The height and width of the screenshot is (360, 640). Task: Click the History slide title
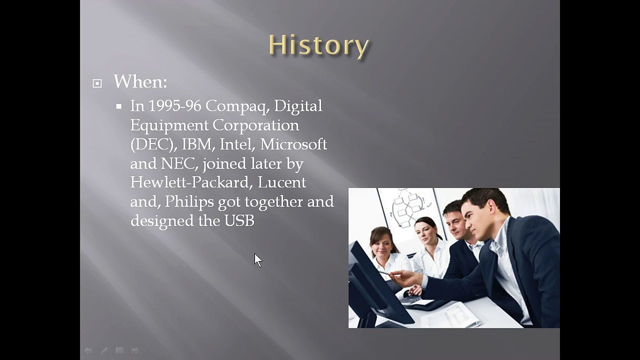point(319,45)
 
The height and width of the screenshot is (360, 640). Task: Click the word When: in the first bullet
point(140,81)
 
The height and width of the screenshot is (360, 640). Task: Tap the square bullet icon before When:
point(97,83)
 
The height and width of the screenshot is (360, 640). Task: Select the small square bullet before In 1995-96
point(119,106)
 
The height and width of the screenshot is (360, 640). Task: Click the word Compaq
point(237,106)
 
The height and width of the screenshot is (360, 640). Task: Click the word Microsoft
point(293,144)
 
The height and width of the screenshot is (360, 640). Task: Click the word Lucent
point(281,182)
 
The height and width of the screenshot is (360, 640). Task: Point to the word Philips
point(189,202)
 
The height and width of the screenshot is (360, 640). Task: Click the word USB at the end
point(239,220)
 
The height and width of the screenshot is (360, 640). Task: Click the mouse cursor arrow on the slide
point(258,260)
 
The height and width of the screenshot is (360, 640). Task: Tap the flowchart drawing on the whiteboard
point(408,207)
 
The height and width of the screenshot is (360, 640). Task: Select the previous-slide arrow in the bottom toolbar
point(88,350)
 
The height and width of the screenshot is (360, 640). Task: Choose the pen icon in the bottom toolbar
point(104,350)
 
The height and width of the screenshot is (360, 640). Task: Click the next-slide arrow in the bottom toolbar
point(135,350)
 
